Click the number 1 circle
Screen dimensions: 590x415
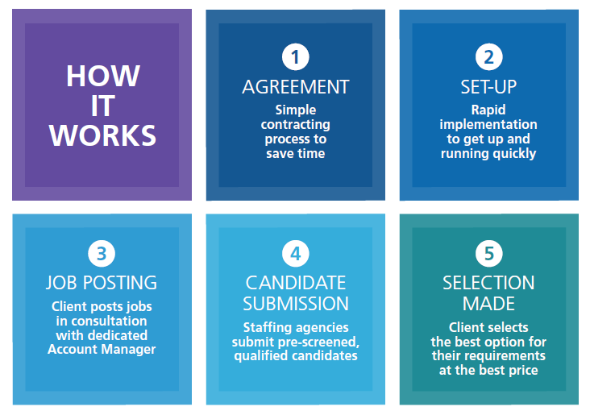click(295, 57)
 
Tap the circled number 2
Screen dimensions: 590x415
click(488, 57)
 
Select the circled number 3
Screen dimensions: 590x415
click(102, 253)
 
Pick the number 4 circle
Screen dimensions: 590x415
click(295, 253)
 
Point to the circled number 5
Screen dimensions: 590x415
click(488, 253)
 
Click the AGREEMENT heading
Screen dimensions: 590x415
click(295, 87)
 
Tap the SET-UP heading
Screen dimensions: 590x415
click(488, 87)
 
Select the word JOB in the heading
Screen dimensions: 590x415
click(61, 283)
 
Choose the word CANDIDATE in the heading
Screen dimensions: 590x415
click(295, 283)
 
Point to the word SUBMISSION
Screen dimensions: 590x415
click(295, 304)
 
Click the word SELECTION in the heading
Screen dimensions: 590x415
click(488, 283)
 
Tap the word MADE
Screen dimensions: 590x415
click(488, 304)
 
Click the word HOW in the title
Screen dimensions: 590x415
click(103, 76)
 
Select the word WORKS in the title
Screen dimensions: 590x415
click(102, 135)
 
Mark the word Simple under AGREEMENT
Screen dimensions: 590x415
click(295, 110)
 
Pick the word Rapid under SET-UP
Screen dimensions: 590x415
click(488, 110)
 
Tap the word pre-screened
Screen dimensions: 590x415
click(318, 342)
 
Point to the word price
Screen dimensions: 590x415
click(523, 371)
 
